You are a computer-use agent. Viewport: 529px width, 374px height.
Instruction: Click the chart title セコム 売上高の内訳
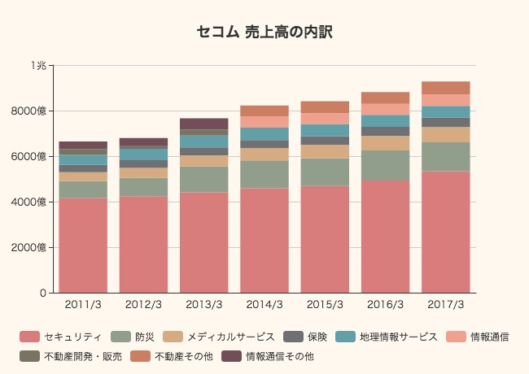click(264, 33)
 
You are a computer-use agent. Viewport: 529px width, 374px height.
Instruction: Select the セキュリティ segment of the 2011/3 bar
click(83, 245)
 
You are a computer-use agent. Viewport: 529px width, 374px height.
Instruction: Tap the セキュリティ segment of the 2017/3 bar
click(445, 232)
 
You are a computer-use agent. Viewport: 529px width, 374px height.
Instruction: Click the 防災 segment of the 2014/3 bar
click(264, 174)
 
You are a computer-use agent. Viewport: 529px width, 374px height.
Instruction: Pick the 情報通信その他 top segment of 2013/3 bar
click(204, 124)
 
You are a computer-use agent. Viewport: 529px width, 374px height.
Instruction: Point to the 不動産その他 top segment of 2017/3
click(445, 88)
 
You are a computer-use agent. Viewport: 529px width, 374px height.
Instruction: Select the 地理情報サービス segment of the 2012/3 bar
click(143, 154)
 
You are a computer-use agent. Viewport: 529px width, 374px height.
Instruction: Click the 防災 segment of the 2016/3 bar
click(385, 165)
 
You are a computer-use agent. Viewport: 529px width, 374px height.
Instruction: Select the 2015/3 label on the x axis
click(325, 305)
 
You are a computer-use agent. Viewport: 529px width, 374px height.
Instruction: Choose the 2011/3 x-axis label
click(83, 305)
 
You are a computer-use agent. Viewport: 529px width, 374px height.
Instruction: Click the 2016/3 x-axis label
click(385, 305)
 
